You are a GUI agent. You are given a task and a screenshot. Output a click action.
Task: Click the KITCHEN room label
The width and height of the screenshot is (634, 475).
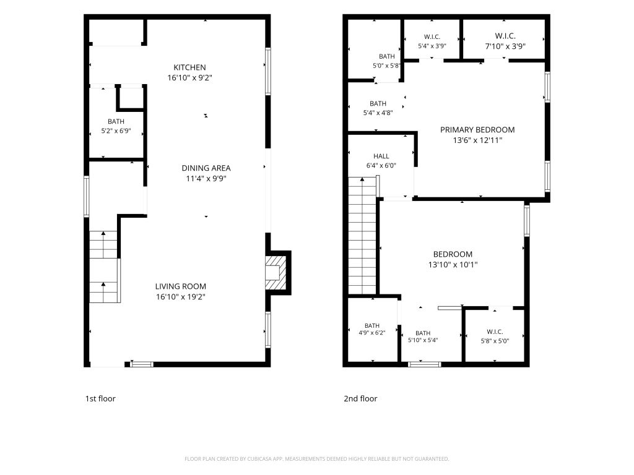coord(189,67)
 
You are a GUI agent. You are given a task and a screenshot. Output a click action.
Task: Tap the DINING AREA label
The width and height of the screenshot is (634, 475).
coord(206,168)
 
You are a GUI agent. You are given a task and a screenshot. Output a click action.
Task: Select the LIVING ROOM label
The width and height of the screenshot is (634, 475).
coord(181,286)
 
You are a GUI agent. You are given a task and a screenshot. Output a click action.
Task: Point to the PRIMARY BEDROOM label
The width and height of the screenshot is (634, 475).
coord(477,130)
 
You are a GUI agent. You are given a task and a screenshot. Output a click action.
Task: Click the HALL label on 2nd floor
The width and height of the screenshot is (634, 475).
coord(381,156)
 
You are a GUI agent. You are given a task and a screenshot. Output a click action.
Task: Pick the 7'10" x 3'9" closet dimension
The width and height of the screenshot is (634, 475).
coord(505,46)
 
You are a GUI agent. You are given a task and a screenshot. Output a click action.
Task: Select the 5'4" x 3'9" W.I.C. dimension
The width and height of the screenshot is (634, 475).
coord(432,46)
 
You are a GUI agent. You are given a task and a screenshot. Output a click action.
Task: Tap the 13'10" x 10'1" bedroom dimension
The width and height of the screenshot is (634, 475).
coord(453,265)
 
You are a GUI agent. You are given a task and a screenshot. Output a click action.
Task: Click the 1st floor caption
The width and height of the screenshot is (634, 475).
coord(100,399)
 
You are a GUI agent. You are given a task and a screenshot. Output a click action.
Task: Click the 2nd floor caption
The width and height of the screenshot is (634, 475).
coord(360,399)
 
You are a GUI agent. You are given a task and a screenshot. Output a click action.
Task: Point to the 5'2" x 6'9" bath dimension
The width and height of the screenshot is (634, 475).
coord(116,131)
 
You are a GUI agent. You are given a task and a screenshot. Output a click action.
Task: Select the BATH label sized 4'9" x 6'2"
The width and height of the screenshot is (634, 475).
coord(372,325)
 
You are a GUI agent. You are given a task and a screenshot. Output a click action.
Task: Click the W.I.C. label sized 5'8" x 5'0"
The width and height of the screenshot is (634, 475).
coord(495,332)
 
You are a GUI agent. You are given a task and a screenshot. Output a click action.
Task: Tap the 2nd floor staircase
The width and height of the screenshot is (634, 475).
coord(362,236)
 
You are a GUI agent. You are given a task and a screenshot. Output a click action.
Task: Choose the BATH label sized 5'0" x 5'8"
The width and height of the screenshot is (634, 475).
coord(387,56)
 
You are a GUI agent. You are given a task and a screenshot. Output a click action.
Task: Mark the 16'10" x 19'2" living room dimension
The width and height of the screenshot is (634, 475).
coord(181,297)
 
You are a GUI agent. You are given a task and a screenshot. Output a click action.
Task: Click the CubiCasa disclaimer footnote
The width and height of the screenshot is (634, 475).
coord(317,459)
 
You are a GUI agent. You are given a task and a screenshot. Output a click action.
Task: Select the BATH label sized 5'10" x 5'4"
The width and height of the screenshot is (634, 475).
coord(423,333)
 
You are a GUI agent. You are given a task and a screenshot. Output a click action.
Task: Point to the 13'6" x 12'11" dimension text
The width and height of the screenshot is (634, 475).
coord(477,140)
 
